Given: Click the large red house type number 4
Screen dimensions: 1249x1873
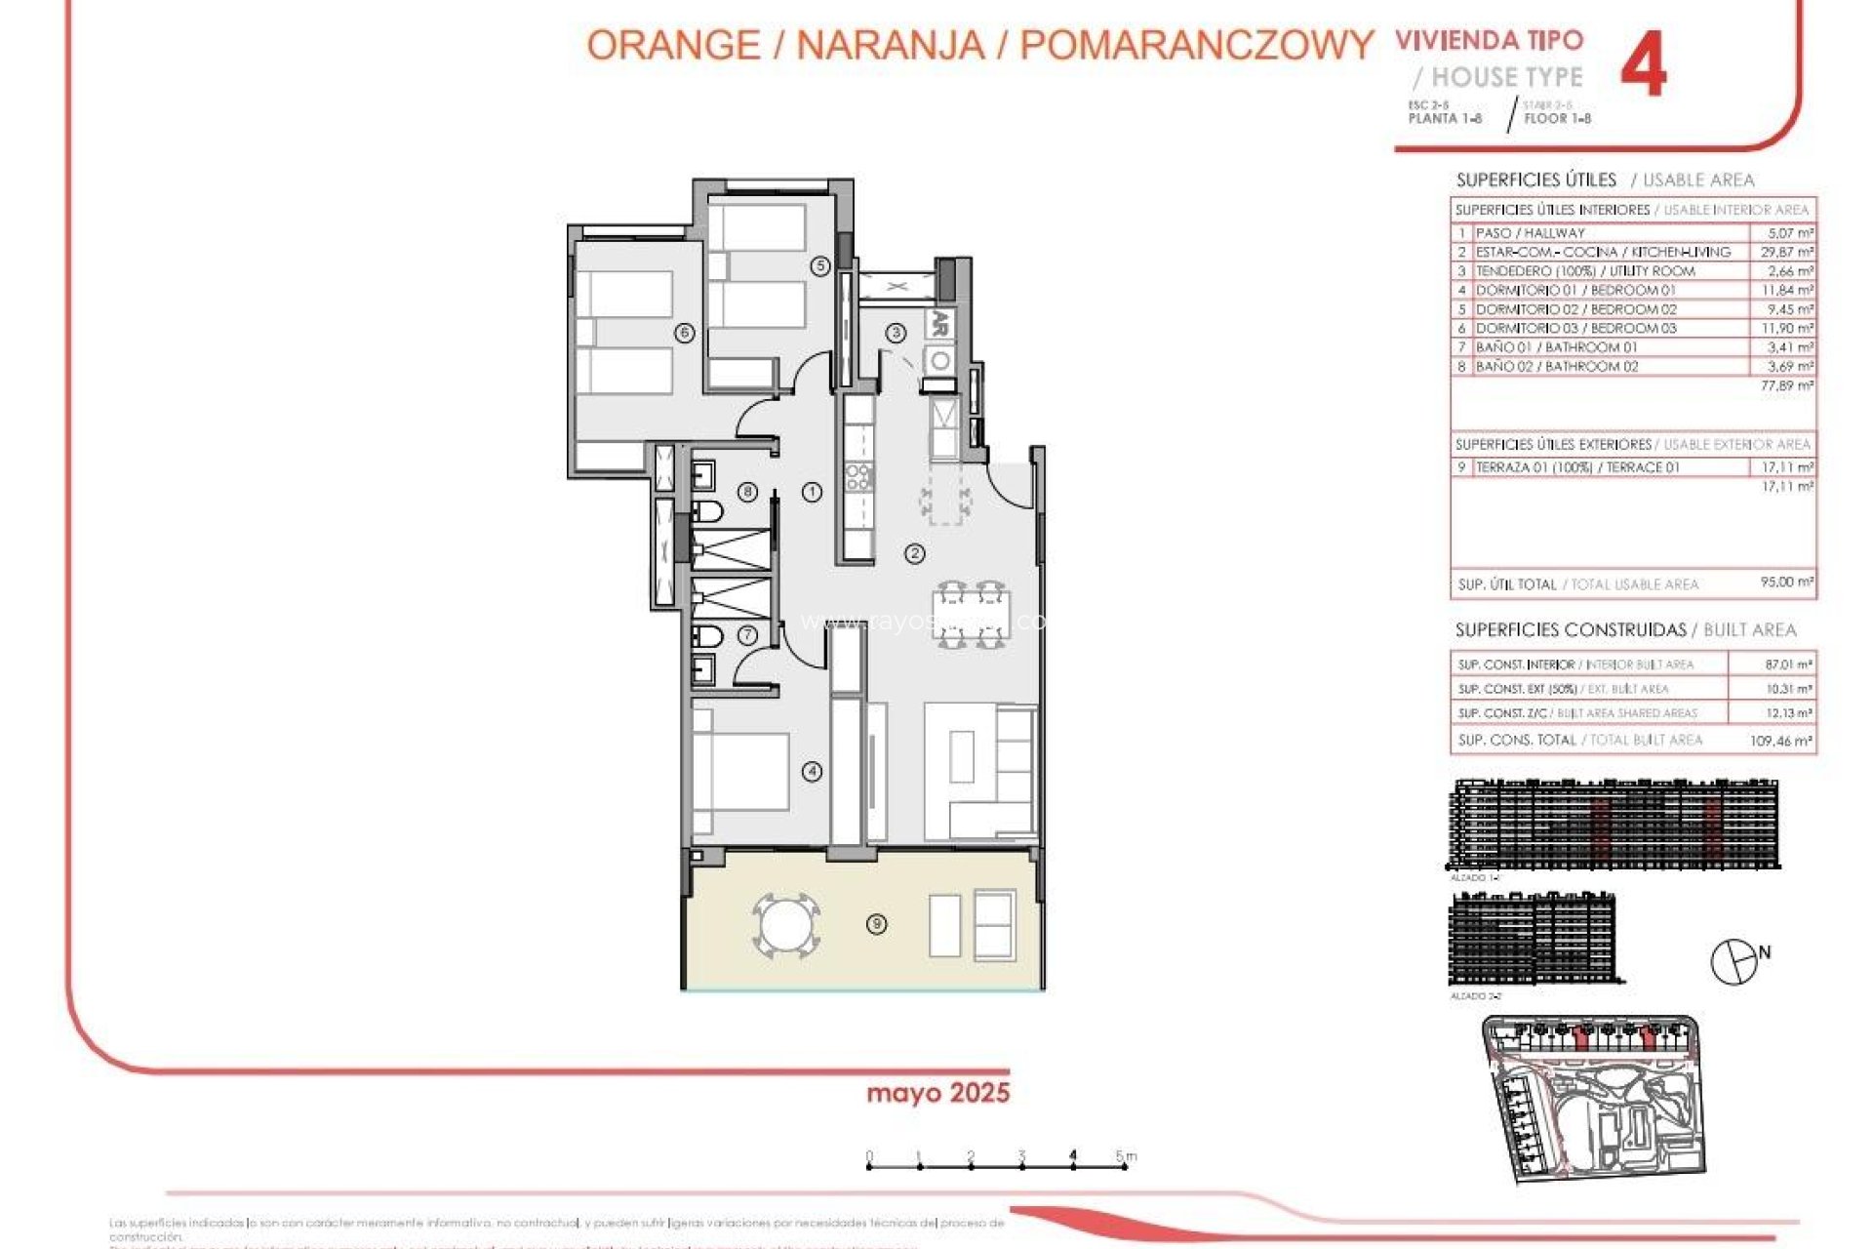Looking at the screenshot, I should (1643, 64).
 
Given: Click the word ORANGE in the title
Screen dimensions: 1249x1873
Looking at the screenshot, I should (673, 46).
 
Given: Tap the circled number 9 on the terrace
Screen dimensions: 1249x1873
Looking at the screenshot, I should (876, 923).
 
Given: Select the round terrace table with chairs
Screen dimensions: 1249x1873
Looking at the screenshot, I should (785, 924).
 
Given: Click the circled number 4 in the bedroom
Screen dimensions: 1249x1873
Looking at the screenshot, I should (812, 772).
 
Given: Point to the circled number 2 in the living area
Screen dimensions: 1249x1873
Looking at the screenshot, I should (914, 554).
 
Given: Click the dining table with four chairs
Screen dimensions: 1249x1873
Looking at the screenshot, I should (971, 615).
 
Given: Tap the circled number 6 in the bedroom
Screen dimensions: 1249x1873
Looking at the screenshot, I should (685, 333).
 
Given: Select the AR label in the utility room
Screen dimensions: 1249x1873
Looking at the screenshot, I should (939, 324).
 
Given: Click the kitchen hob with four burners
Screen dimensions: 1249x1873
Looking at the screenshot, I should (859, 478).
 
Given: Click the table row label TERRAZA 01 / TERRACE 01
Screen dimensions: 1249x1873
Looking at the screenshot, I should (1576, 467).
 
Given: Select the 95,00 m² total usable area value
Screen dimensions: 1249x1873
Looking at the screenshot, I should (1786, 583).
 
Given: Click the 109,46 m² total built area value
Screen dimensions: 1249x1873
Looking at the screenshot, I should (1780, 741).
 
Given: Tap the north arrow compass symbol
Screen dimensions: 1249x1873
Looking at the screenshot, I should (1734, 961).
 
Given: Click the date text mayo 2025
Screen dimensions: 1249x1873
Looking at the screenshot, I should (937, 1093).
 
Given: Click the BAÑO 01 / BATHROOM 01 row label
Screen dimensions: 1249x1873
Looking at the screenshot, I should (1556, 347).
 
